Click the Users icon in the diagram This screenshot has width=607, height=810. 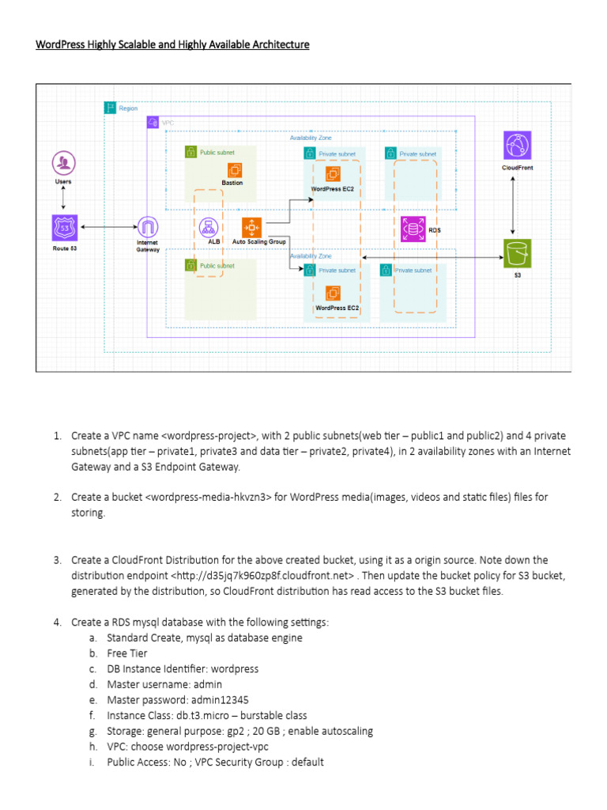(x=62, y=164)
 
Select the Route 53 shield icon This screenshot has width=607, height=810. (x=62, y=228)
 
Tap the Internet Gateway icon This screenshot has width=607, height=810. (x=148, y=228)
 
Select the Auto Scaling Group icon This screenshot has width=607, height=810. (x=252, y=228)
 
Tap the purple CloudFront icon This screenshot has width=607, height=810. (x=518, y=146)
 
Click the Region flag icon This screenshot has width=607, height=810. (x=110, y=108)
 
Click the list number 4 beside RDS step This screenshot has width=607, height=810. (x=58, y=622)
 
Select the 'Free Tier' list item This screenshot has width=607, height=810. (x=127, y=653)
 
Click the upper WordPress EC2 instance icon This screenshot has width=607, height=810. (x=333, y=172)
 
